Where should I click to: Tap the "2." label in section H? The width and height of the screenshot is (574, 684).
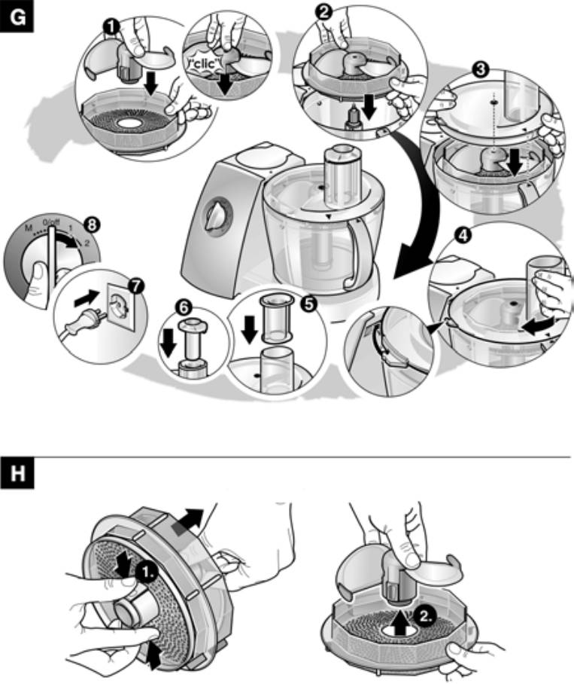pos(425,615)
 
